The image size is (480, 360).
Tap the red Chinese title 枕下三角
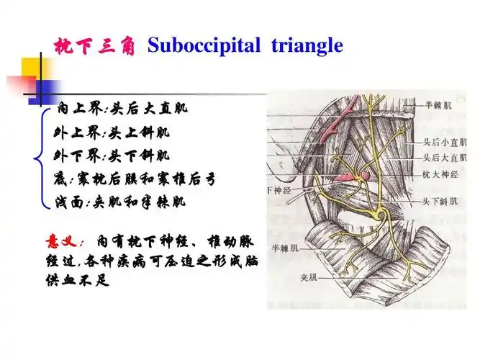(96, 47)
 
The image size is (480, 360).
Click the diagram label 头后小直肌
(442, 144)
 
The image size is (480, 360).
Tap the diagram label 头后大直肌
(442, 158)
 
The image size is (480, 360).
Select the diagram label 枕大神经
(438, 173)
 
